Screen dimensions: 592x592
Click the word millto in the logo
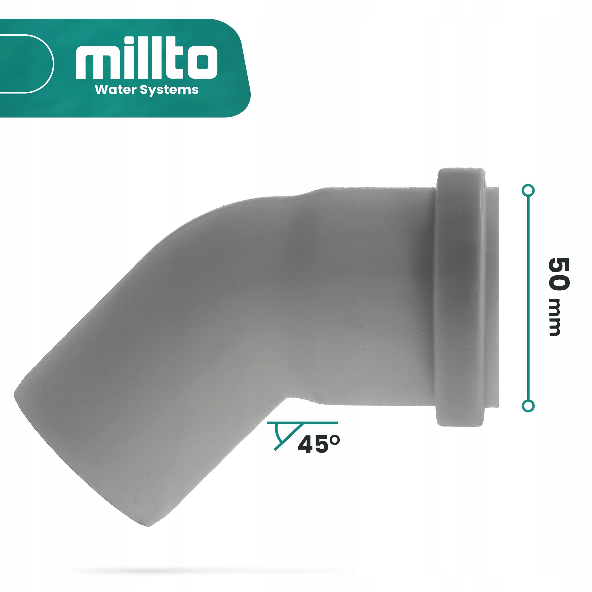point(147,58)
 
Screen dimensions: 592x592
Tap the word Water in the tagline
point(115,89)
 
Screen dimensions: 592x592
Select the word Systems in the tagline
point(169,90)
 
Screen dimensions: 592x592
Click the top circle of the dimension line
point(528,191)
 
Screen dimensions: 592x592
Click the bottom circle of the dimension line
point(528,406)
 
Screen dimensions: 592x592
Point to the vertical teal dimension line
point(528,297)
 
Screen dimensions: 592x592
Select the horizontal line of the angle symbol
point(319,423)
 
